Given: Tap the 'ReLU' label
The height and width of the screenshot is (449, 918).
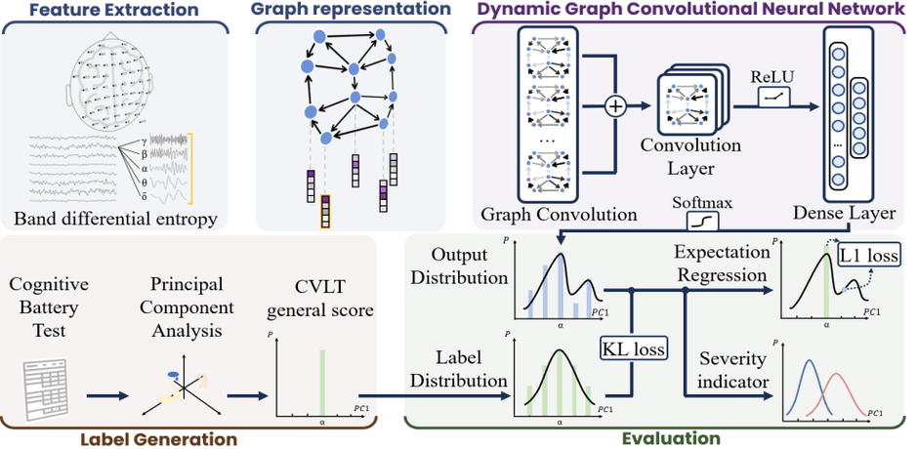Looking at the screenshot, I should click(x=771, y=75).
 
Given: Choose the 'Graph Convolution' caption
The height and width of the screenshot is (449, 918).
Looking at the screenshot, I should click(x=546, y=214).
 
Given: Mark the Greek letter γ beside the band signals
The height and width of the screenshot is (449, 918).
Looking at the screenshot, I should click(x=144, y=142).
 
